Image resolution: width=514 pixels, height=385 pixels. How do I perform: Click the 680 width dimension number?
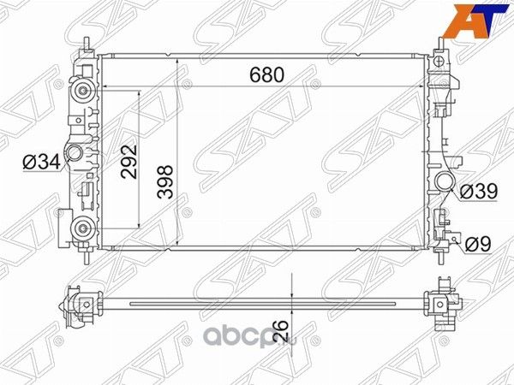[x=266, y=75]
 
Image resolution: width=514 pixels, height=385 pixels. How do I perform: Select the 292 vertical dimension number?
[x=128, y=159]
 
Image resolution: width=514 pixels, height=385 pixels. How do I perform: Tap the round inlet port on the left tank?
[x=75, y=155]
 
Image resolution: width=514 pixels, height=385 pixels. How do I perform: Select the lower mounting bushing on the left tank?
[x=83, y=227]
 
